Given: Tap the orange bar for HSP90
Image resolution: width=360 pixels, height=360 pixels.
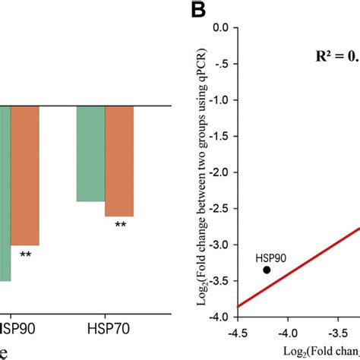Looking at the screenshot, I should tap(24, 175).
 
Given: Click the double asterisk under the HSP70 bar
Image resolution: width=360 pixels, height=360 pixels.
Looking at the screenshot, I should tap(120, 225).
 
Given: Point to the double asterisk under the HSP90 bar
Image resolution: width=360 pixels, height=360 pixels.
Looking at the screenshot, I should tap(26, 254).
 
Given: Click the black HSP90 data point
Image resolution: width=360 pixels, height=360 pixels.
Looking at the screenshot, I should tap(267, 270).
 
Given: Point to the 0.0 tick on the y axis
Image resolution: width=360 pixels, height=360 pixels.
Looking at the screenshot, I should tap(221, 28).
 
